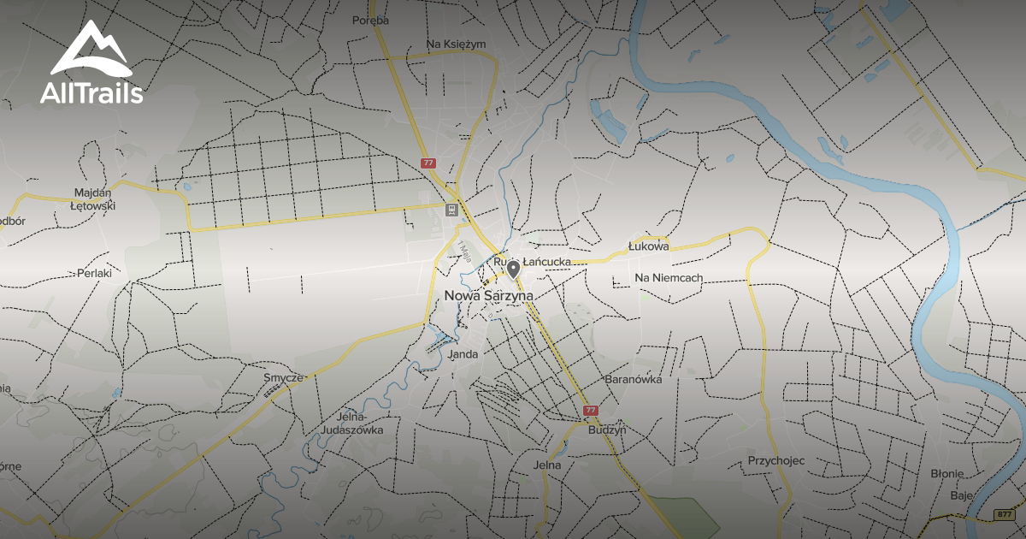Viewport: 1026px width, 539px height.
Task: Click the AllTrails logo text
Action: point(91,93)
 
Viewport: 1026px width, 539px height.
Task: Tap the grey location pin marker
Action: point(513,270)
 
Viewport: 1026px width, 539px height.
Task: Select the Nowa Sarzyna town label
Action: point(489,295)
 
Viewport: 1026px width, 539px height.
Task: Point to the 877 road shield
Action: point(1005,514)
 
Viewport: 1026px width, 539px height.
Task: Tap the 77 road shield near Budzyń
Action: point(591,411)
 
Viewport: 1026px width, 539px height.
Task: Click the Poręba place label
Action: point(371,20)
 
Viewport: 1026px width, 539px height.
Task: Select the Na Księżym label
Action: point(457,44)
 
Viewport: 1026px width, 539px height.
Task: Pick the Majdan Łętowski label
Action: point(94,198)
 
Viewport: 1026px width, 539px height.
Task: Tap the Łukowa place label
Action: point(647,246)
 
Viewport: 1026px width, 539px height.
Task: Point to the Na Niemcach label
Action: point(669,278)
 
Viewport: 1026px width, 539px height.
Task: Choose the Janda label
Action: point(463,353)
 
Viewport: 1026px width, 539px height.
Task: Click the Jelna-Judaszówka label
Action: point(352,423)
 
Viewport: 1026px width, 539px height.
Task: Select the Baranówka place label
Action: point(634,379)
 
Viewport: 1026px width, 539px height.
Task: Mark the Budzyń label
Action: point(607,430)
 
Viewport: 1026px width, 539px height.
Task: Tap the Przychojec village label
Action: point(776,461)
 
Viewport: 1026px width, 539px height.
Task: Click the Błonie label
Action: point(947,473)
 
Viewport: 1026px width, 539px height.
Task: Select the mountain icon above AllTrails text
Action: point(90,49)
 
